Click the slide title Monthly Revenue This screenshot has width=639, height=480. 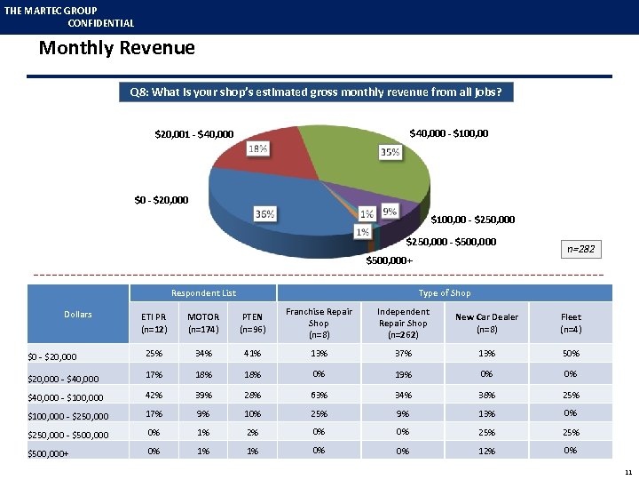click(116, 48)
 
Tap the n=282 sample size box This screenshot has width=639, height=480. click(580, 250)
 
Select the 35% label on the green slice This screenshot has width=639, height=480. click(389, 152)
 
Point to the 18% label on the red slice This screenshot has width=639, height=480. click(258, 148)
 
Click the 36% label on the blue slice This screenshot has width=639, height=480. click(264, 213)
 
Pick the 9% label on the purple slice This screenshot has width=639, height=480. click(389, 212)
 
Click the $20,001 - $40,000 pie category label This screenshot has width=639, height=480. click(194, 135)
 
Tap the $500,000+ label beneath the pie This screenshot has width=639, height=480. click(390, 260)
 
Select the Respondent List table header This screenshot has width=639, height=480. click(203, 292)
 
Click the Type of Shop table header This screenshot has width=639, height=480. click(445, 292)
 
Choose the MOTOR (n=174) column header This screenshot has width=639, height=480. click(203, 323)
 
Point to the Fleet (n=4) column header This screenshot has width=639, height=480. click(571, 323)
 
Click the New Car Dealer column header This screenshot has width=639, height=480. click(486, 323)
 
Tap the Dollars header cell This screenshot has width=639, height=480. click(78, 314)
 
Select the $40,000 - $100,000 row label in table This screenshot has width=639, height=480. click(66, 397)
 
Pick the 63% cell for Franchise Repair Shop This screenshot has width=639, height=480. click(319, 395)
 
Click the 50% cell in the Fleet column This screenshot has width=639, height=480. click(571, 355)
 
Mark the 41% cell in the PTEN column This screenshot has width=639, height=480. click(253, 355)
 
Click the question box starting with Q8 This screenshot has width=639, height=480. click(316, 92)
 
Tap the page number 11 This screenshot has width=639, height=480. click(627, 470)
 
